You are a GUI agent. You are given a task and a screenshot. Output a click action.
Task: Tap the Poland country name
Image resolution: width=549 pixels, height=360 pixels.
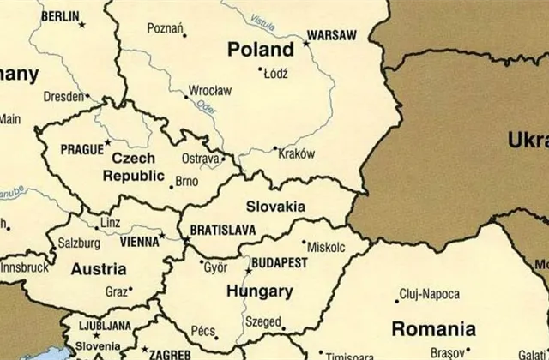coord(260,51)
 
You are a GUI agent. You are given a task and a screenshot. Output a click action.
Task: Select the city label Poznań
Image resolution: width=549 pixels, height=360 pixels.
coord(165,28)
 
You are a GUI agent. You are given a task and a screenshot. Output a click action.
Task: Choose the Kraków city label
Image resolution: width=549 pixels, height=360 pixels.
coord(298,153)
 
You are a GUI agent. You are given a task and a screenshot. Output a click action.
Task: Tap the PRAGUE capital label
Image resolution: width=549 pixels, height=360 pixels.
coord(81,149)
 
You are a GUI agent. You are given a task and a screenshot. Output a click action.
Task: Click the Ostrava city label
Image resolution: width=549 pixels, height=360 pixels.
coord(201,159)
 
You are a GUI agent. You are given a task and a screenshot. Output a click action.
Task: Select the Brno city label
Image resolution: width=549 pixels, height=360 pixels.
coord(185,182)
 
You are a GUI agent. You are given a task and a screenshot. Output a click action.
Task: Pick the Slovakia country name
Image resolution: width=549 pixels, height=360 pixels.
coord(275,207)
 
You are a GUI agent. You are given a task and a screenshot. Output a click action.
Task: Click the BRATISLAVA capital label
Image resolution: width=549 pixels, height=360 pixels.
coord(222,230)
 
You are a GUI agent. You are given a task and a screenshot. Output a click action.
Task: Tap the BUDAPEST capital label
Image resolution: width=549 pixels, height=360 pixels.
coord(279,263)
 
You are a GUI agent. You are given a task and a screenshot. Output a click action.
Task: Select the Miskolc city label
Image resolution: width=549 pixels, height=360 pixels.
coord(325,247)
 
